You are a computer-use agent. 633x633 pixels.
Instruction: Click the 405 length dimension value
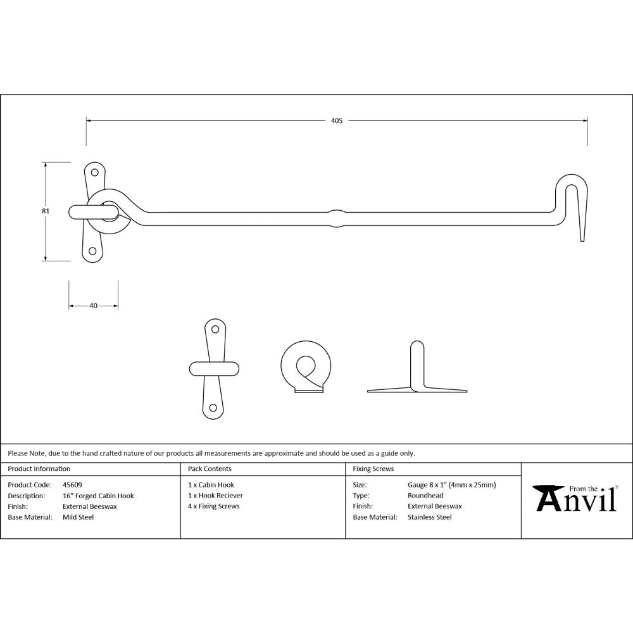[x=336, y=120]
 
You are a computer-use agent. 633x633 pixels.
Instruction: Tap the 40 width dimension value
[x=94, y=306]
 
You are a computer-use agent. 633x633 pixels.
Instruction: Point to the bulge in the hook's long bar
[x=336, y=217]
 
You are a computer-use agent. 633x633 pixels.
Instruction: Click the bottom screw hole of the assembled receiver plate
[x=93, y=251]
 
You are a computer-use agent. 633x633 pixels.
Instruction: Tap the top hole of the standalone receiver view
[x=215, y=329]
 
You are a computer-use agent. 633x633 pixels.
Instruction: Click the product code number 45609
[x=73, y=485]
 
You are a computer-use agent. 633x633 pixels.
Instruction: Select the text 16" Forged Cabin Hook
[x=98, y=496]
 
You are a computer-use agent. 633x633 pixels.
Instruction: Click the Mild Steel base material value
[x=78, y=517]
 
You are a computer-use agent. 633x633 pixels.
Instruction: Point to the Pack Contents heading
[x=210, y=469]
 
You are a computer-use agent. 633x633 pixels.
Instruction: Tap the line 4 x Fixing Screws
[x=214, y=506]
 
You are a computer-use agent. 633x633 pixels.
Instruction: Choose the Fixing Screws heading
[x=373, y=469]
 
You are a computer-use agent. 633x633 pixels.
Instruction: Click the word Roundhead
[x=425, y=496]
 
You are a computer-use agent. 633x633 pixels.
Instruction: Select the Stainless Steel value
[x=429, y=517]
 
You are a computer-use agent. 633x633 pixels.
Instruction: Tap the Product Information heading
[x=39, y=469]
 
